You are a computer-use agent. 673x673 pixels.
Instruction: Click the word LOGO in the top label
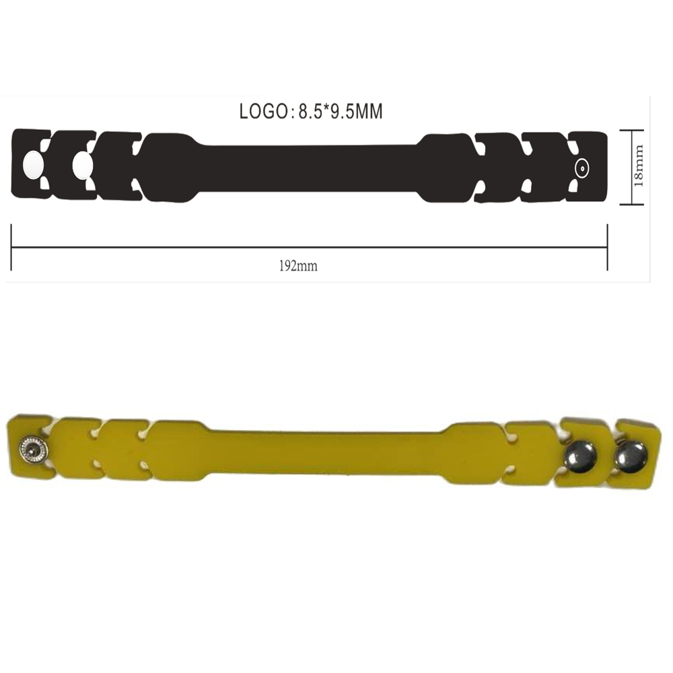(x=264, y=112)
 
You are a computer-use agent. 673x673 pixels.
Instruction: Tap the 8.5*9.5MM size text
(x=341, y=112)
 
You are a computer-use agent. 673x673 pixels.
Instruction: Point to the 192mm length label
(x=298, y=266)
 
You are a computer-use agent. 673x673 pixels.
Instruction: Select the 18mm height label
(x=639, y=166)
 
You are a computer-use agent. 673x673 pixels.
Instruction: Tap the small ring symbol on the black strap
(x=582, y=168)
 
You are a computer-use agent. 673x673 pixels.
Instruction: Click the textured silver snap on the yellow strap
(x=33, y=450)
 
